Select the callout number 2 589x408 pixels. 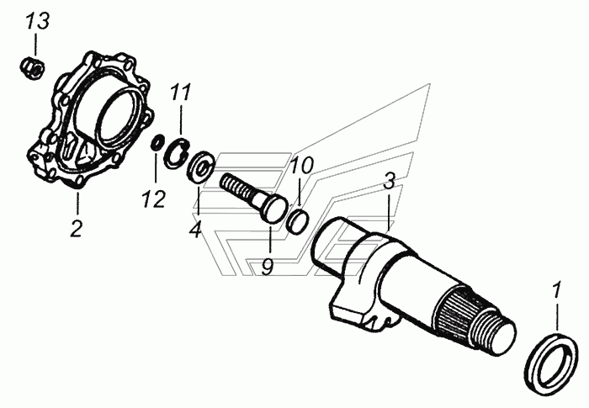pos(76,227)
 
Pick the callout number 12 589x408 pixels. pos(154,199)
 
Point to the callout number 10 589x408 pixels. pos(302,165)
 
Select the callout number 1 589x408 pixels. pos(555,292)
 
